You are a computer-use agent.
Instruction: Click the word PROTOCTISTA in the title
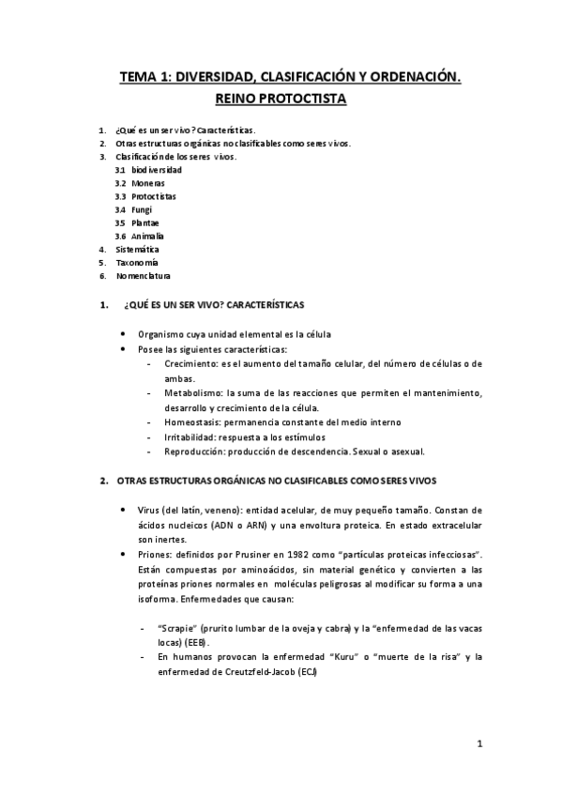pos(306,98)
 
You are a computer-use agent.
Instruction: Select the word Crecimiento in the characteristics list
pos(188,362)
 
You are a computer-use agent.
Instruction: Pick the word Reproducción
pos(193,451)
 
